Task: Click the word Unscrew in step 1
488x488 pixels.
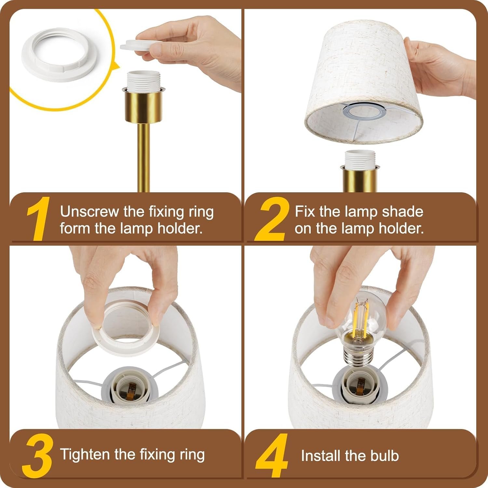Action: [x=89, y=212]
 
